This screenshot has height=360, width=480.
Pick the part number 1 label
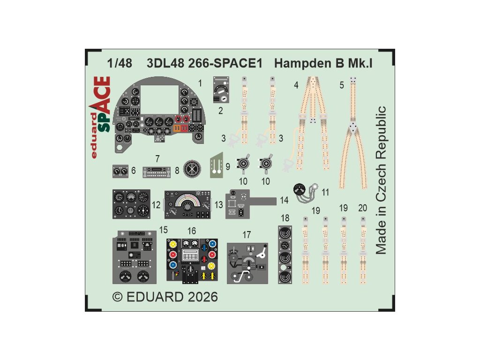(200, 83)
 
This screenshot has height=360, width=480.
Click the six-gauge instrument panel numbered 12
(131, 204)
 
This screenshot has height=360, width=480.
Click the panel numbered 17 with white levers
(247, 263)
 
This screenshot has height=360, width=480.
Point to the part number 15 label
(164, 230)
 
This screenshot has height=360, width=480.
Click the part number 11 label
(326, 192)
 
